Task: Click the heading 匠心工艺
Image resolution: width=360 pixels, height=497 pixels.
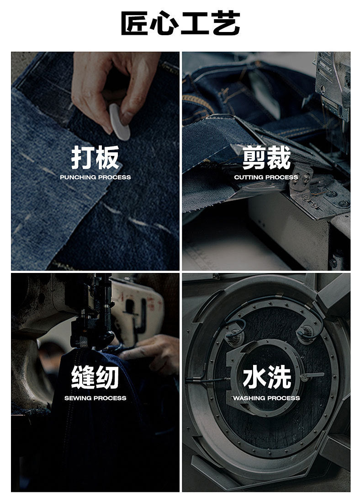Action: pyautogui.click(x=180, y=23)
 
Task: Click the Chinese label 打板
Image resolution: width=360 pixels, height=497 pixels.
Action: pyautogui.click(x=95, y=158)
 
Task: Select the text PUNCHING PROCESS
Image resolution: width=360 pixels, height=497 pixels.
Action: pyautogui.click(x=95, y=177)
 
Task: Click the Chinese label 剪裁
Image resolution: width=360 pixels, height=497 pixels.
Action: pyautogui.click(x=266, y=158)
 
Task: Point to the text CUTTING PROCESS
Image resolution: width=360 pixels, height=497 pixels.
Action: pyautogui.click(x=266, y=177)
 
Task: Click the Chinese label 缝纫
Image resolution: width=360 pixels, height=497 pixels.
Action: pyautogui.click(x=95, y=377)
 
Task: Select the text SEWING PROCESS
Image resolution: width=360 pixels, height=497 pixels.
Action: pyautogui.click(x=95, y=398)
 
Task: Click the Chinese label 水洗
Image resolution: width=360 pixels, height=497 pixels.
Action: pyautogui.click(x=266, y=377)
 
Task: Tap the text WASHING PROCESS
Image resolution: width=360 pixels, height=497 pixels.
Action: pyautogui.click(x=266, y=398)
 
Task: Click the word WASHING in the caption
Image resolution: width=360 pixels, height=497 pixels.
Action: pyautogui.click(x=249, y=398)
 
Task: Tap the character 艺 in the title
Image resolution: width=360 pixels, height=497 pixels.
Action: pyautogui.click(x=226, y=23)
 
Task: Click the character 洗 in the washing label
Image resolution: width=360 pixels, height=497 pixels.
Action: pyautogui.click(x=279, y=377)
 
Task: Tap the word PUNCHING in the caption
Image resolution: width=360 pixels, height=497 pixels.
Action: pyautogui.click(x=78, y=177)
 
